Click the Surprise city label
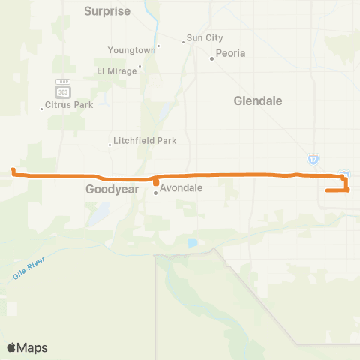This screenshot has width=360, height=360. [107, 11]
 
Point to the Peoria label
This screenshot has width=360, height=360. [230, 53]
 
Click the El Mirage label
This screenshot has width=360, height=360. [117, 70]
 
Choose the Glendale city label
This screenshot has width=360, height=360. [258, 100]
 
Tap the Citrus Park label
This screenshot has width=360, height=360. [69, 105]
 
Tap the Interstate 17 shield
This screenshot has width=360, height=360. [313, 159]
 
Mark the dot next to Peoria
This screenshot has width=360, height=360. [212, 58]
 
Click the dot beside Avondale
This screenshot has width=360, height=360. [156, 193]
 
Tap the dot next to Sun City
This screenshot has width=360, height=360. [182, 41]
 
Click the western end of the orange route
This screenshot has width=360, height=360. [13, 171]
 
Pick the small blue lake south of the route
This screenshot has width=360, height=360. [193, 243]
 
